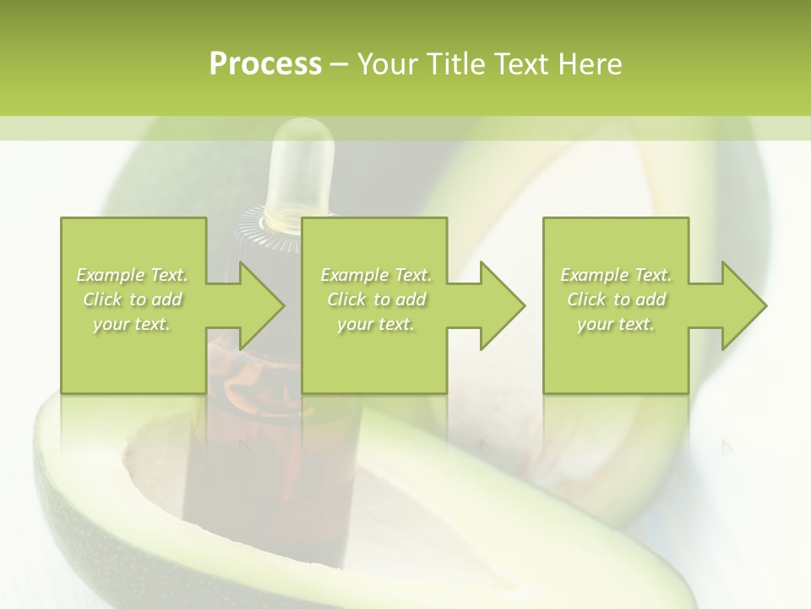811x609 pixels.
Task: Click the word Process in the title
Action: point(265,64)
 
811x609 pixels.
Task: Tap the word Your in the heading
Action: point(389,64)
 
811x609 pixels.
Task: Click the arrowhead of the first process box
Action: point(262,305)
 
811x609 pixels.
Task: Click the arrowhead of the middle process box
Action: point(503,305)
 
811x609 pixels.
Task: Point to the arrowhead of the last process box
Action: point(744,305)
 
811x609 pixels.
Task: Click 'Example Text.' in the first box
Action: point(133,275)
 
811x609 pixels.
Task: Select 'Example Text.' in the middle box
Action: point(376,275)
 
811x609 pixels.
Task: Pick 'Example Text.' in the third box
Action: point(616,275)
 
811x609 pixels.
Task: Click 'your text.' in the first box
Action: point(133,324)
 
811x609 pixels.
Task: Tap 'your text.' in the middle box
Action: point(376,324)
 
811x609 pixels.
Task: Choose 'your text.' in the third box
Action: point(616,324)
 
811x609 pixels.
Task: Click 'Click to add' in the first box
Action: point(133,299)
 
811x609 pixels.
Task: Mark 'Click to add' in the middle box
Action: point(376,299)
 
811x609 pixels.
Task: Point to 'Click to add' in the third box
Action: point(616,299)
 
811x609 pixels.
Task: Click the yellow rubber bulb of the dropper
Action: point(300,169)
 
